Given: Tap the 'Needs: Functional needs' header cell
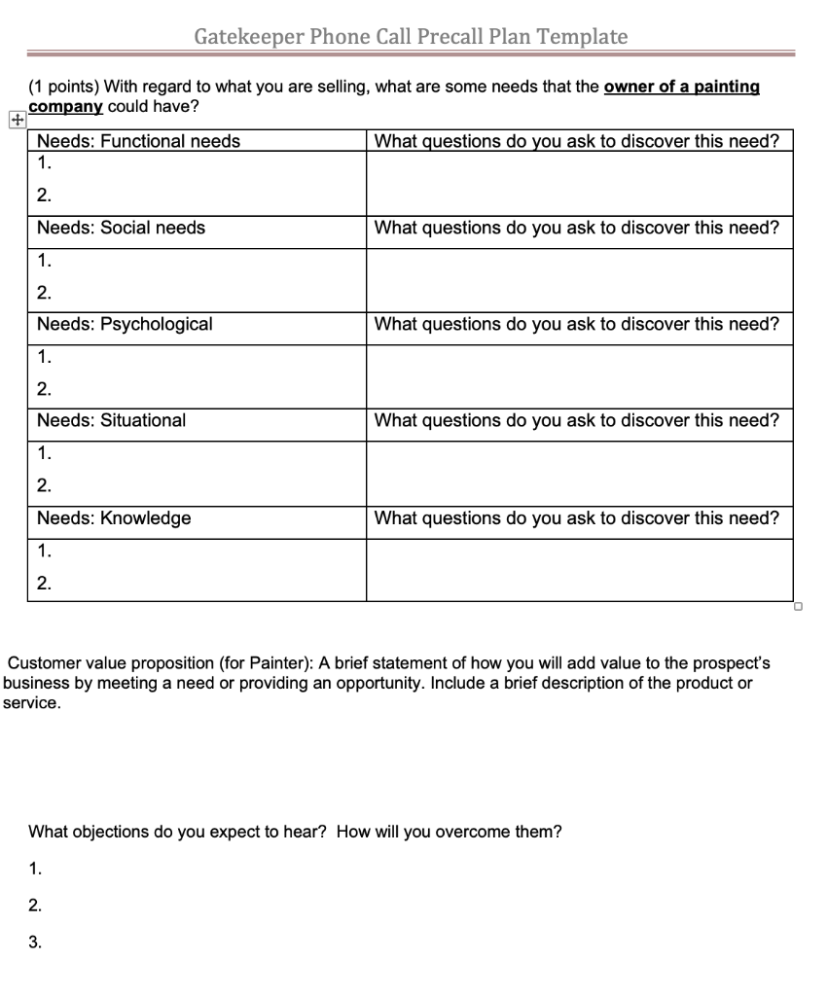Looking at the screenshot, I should coord(138,142).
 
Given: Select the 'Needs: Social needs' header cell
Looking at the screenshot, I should coord(121,229).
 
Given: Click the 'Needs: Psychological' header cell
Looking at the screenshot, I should coord(125,324).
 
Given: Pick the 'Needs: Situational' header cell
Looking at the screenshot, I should coord(111,420).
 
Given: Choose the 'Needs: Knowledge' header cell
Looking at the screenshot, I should coord(114,518).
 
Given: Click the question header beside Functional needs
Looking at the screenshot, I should coord(577,142).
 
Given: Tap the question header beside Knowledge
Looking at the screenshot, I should coord(577,518).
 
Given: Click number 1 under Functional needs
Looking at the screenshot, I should coord(43,163).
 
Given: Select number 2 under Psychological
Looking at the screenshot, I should coord(43,389).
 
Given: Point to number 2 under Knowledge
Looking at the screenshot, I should coord(43,584).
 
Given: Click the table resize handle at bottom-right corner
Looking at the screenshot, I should coord(797,606).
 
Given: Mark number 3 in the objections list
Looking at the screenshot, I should coord(35,942).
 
